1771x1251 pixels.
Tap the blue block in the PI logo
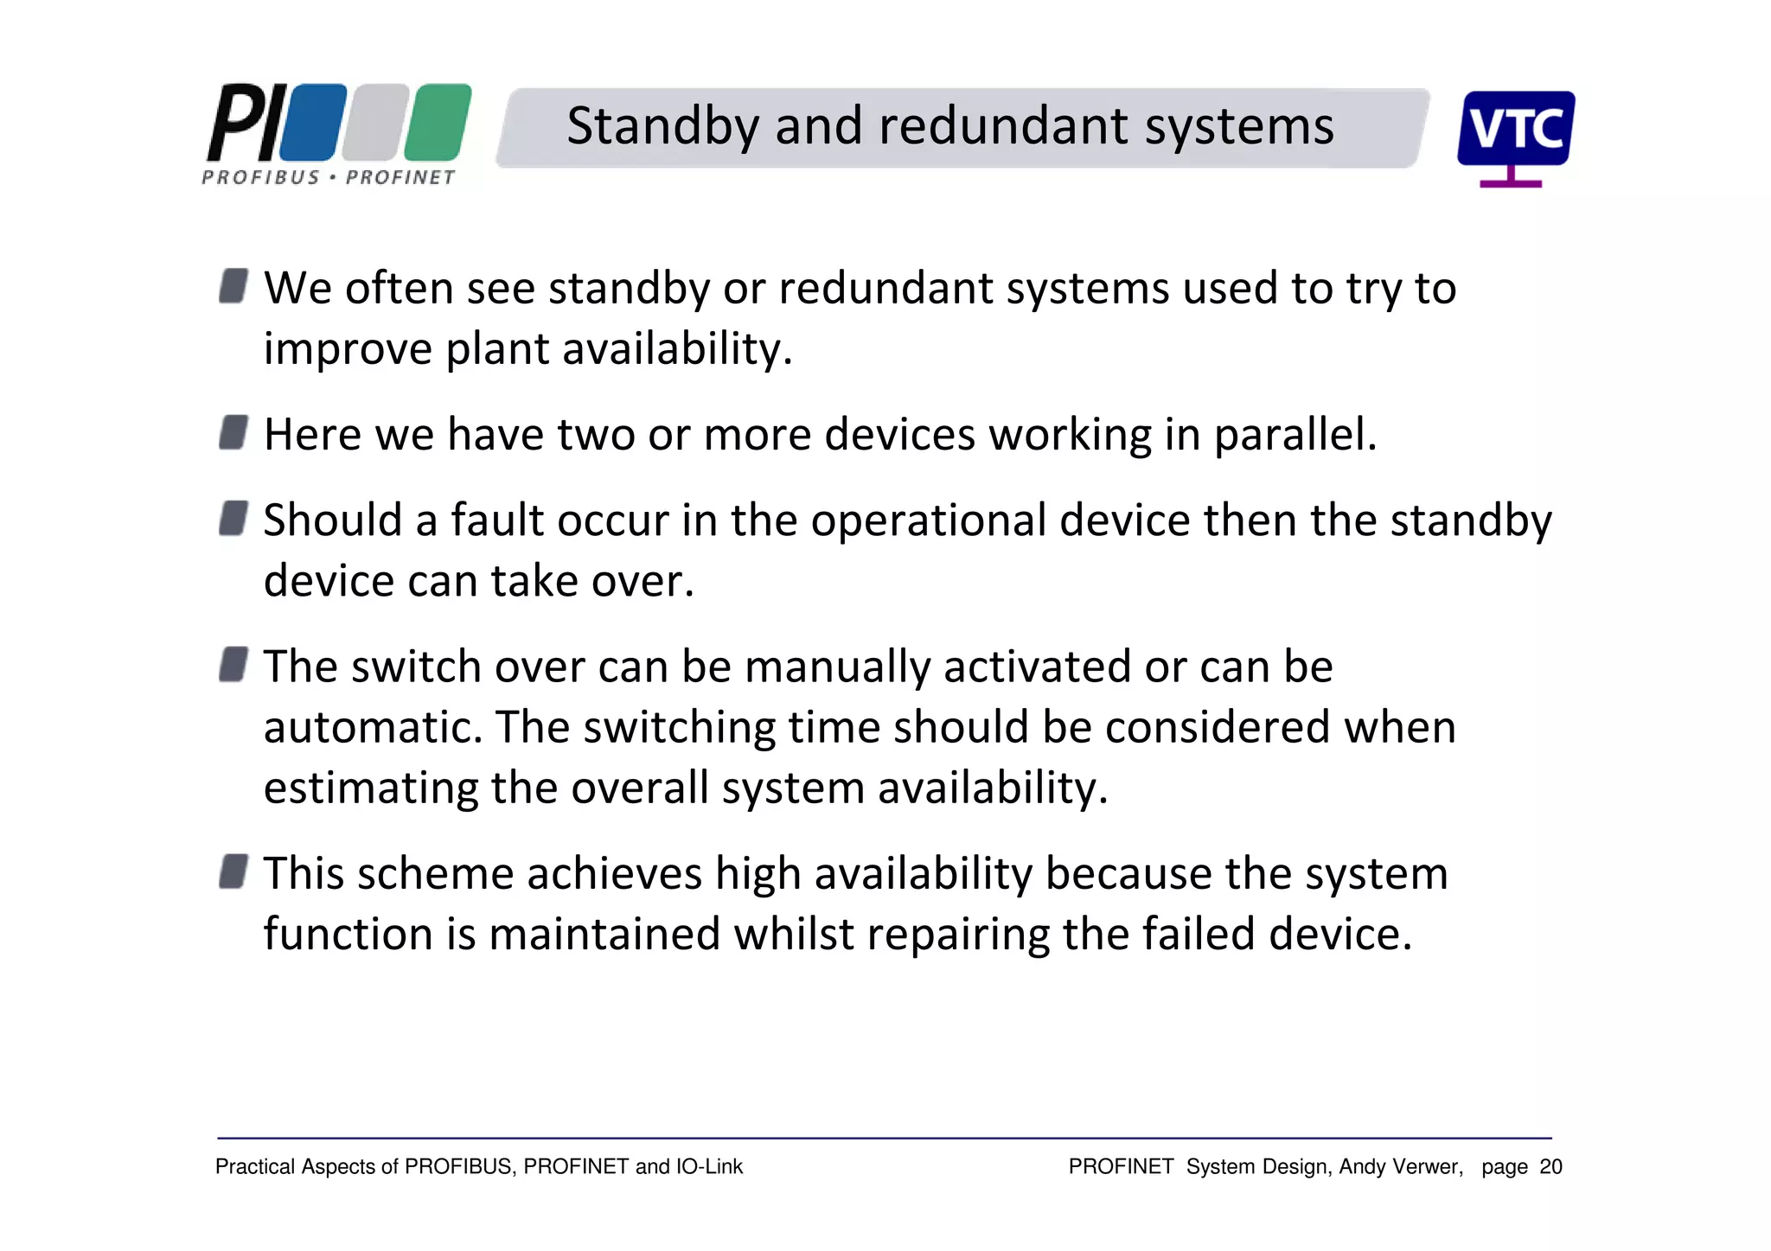pyautogui.click(x=312, y=123)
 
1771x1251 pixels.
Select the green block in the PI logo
pyautogui.click(x=438, y=123)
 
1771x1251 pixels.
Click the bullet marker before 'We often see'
pyautogui.click(x=233, y=285)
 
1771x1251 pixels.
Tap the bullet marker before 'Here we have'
pyautogui.click(x=233, y=432)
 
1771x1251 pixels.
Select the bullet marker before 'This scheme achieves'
pyautogui.click(x=233, y=871)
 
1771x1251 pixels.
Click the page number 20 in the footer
pyautogui.click(x=1551, y=1167)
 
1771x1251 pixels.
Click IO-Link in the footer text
pyautogui.click(x=709, y=1167)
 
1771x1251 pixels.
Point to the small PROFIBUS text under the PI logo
pyautogui.click(x=260, y=177)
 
